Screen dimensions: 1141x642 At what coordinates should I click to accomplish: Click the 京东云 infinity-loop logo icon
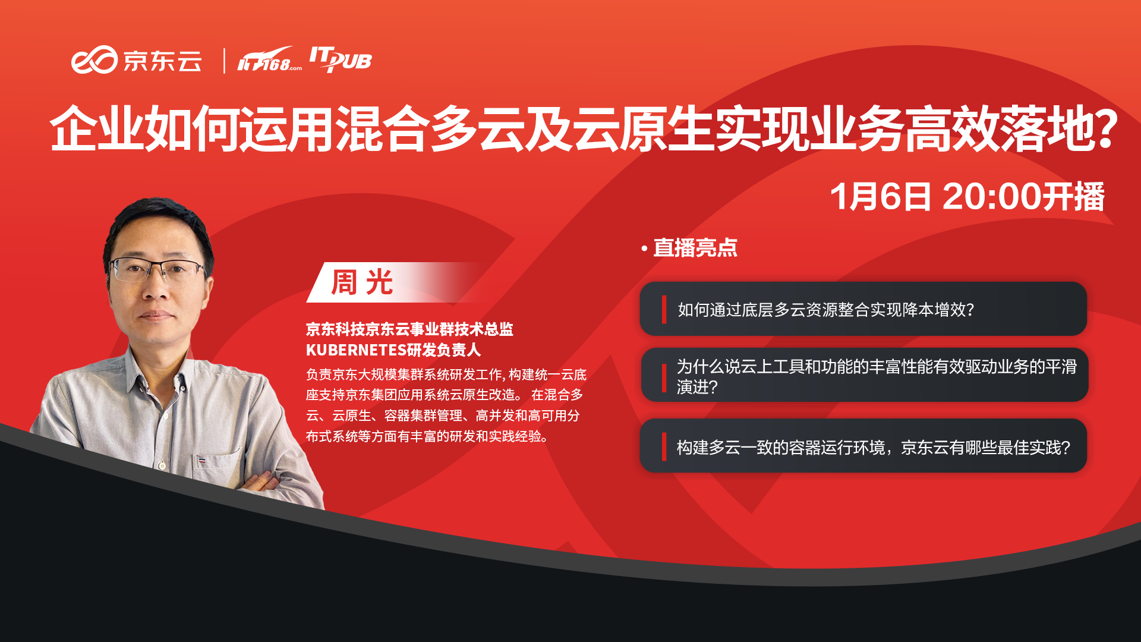coord(94,60)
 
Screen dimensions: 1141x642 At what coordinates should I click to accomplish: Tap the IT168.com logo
coord(269,59)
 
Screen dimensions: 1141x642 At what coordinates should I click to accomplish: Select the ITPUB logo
coord(340,59)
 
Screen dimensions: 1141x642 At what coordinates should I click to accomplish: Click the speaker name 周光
coord(362,282)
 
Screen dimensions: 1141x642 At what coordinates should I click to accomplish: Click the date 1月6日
coord(880,197)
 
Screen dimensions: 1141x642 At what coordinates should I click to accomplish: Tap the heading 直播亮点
coord(695,248)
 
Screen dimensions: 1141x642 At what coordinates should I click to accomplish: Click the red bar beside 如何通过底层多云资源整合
coord(664,310)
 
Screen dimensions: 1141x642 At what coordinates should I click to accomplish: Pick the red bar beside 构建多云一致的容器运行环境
coord(664,447)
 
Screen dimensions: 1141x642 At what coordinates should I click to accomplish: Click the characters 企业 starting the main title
coord(97,129)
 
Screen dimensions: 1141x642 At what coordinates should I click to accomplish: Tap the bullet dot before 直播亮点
coord(644,249)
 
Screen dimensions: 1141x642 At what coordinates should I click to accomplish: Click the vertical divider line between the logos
coord(224,61)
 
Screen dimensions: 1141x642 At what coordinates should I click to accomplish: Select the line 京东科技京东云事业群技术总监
coord(409,329)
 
